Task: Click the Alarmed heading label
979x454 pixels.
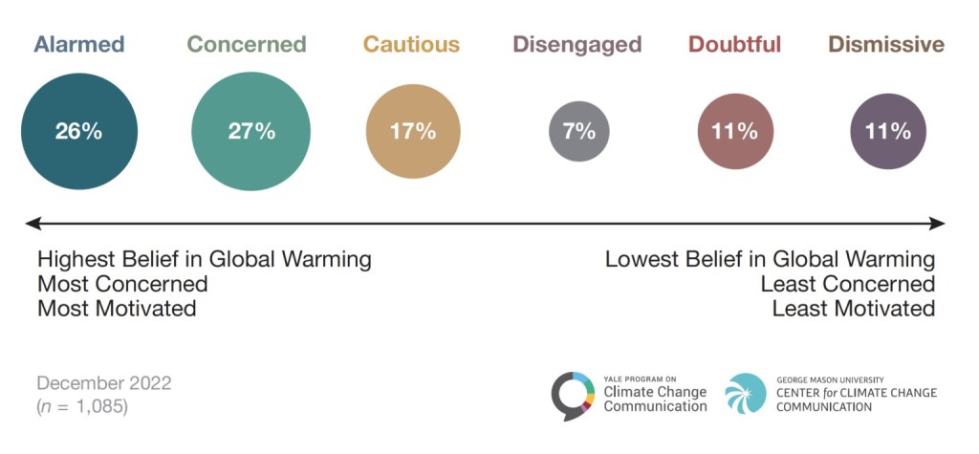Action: click(x=79, y=44)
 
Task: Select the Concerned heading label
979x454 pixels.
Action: click(x=247, y=44)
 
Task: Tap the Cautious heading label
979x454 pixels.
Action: click(x=411, y=44)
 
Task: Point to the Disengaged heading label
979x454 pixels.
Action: click(x=577, y=44)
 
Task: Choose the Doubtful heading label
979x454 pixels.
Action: click(x=734, y=44)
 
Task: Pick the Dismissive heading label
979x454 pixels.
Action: click(x=886, y=44)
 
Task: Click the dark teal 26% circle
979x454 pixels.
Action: click(x=79, y=132)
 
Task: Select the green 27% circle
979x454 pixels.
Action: click(x=251, y=132)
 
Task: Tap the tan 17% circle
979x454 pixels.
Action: click(x=413, y=132)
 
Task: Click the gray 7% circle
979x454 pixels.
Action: click(x=579, y=131)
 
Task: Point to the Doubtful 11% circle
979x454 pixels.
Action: click(x=734, y=132)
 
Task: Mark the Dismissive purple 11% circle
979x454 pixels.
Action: click(x=888, y=132)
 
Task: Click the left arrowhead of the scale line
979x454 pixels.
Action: click(x=32, y=224)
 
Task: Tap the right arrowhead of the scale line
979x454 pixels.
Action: click(x=939, y=224)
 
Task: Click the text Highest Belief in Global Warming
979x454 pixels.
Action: click(x=205, y=260)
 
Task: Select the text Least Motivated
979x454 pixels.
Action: click(x=853, y=309)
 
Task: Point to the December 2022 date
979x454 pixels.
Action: click(x=104, y=383)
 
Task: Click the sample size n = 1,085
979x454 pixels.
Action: click(x=82, y=406)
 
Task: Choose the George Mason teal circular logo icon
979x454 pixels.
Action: click(x=746, y=394)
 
